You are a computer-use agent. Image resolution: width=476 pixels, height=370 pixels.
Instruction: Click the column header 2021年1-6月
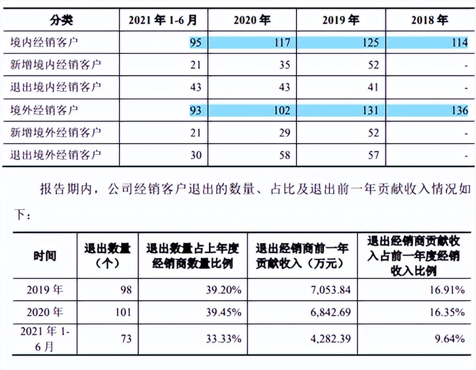tap(163, 20)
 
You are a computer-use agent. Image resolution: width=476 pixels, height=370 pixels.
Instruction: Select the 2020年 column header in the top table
tap(252, 20)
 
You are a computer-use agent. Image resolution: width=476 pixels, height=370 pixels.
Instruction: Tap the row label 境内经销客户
tap(45, 42)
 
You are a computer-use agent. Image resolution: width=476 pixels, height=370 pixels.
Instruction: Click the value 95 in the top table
tap(196, 42)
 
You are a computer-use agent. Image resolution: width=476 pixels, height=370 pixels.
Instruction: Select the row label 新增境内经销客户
tap(56, 65)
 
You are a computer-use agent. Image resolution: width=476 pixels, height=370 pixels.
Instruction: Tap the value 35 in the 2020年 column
tap(285, 65)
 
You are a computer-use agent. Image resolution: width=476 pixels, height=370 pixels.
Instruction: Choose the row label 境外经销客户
tap(45, 110)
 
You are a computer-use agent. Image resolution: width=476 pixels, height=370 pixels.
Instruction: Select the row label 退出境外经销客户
tap(56, 154)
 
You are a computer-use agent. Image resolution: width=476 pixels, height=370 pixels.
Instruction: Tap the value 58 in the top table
tap(285, 155)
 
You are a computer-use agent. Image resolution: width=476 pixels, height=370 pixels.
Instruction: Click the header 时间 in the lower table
tap(45, 255)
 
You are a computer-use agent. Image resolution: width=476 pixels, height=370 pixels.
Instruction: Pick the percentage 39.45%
tap(224, 313)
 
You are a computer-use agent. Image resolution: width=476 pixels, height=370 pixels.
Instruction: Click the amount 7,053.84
tap(330, 290)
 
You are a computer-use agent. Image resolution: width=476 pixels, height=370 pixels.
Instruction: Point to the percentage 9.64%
tap(449, 339)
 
